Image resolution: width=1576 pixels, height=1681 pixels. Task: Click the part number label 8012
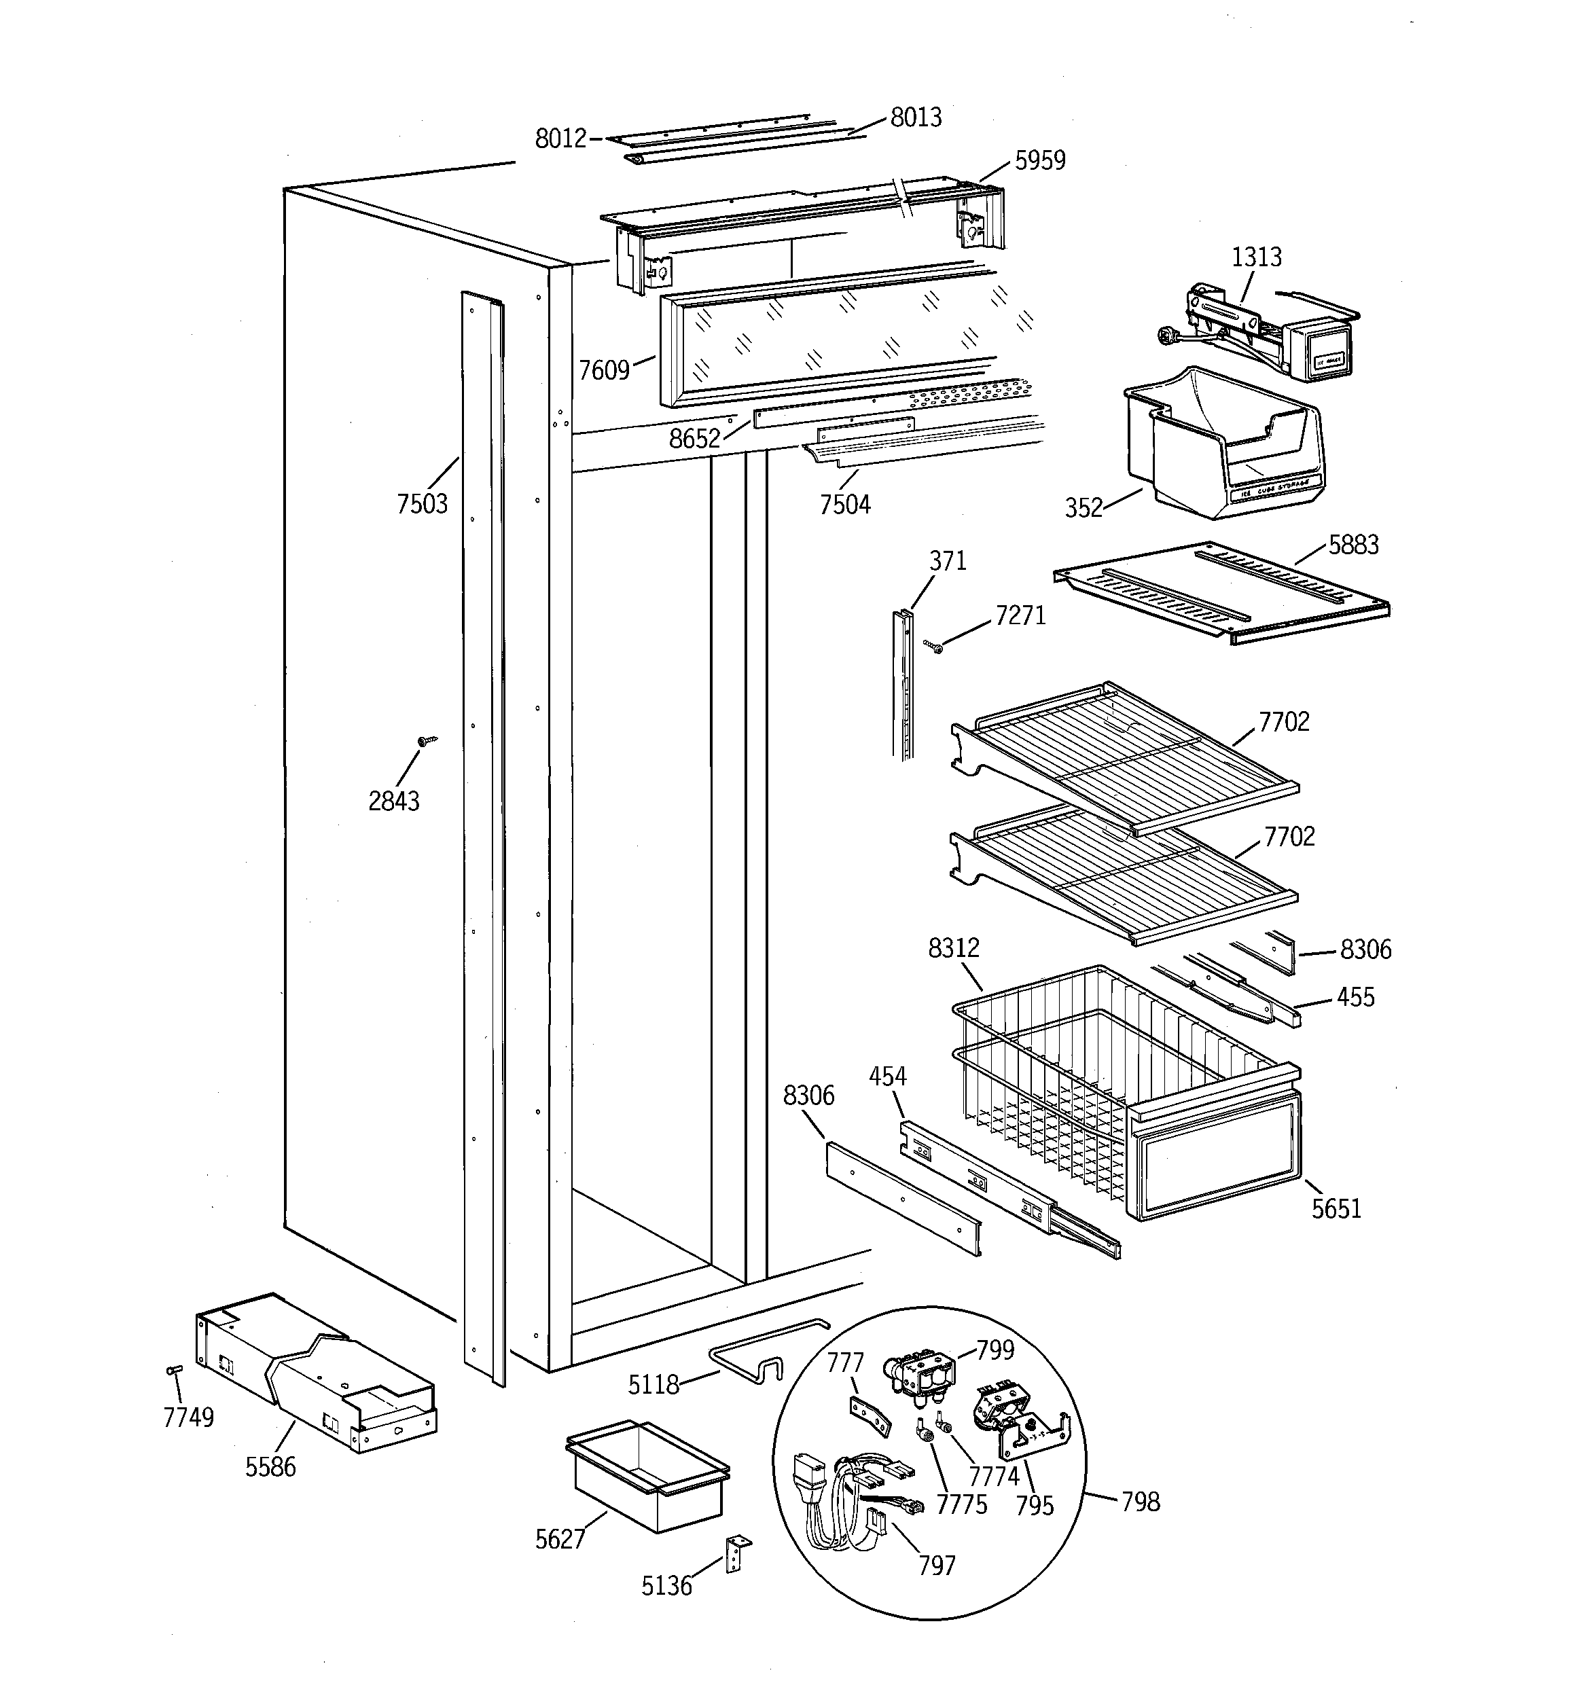click(560, 138)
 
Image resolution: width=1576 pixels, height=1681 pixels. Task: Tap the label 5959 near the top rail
click(1039, 161)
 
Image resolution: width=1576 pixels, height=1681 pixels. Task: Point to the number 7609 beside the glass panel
click(604, 370)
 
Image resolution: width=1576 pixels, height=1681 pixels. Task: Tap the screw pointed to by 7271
click(935, 647)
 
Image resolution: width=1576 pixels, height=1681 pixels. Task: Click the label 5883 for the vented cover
click(1353, 545)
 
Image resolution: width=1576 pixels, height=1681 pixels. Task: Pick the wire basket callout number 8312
click(953, 948)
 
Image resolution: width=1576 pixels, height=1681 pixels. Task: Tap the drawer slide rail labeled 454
click(1007, 1188)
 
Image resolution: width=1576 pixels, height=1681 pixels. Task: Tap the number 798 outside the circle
click(1141, 1502)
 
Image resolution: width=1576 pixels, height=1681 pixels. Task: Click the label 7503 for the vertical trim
click(421, 504)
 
